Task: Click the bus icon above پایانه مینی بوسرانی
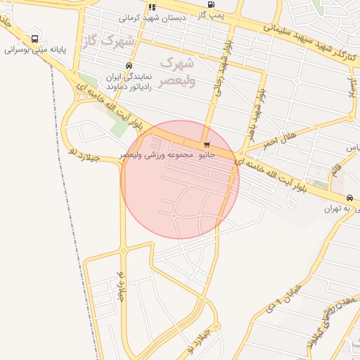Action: [35, 39]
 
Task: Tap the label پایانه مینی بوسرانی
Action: [36, 51]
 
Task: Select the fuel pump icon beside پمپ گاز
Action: [211, 4]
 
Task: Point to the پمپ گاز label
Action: [212, 14]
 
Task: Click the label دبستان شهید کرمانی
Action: [153, 17]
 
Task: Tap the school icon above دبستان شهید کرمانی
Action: [153, 7]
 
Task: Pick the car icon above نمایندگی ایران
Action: [128, 66]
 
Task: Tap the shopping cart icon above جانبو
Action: [206, 145]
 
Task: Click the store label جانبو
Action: [205, 154]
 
